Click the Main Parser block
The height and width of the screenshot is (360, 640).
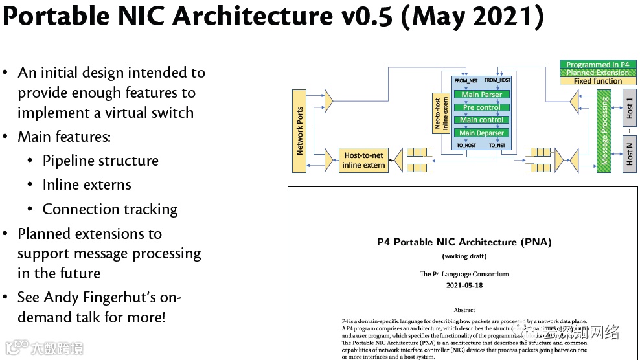pos(482,95)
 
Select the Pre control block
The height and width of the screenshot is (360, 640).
pos(482,107)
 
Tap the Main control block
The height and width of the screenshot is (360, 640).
pos(482,120)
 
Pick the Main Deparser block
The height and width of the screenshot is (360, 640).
pos(482,133)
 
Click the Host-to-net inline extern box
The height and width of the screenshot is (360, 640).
pos(364,160)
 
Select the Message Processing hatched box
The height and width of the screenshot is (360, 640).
pos(604,131)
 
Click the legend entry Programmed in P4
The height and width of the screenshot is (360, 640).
pos(597,65)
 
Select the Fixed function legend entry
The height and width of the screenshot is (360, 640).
pos(597,81)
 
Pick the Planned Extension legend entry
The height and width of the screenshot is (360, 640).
pos(597,73)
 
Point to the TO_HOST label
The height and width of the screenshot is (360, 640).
pos(466,146)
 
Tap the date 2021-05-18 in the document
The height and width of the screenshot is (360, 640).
pos(464,285)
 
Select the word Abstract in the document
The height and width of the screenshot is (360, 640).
pos(464,310)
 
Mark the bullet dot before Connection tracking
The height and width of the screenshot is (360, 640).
pos(30,209)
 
